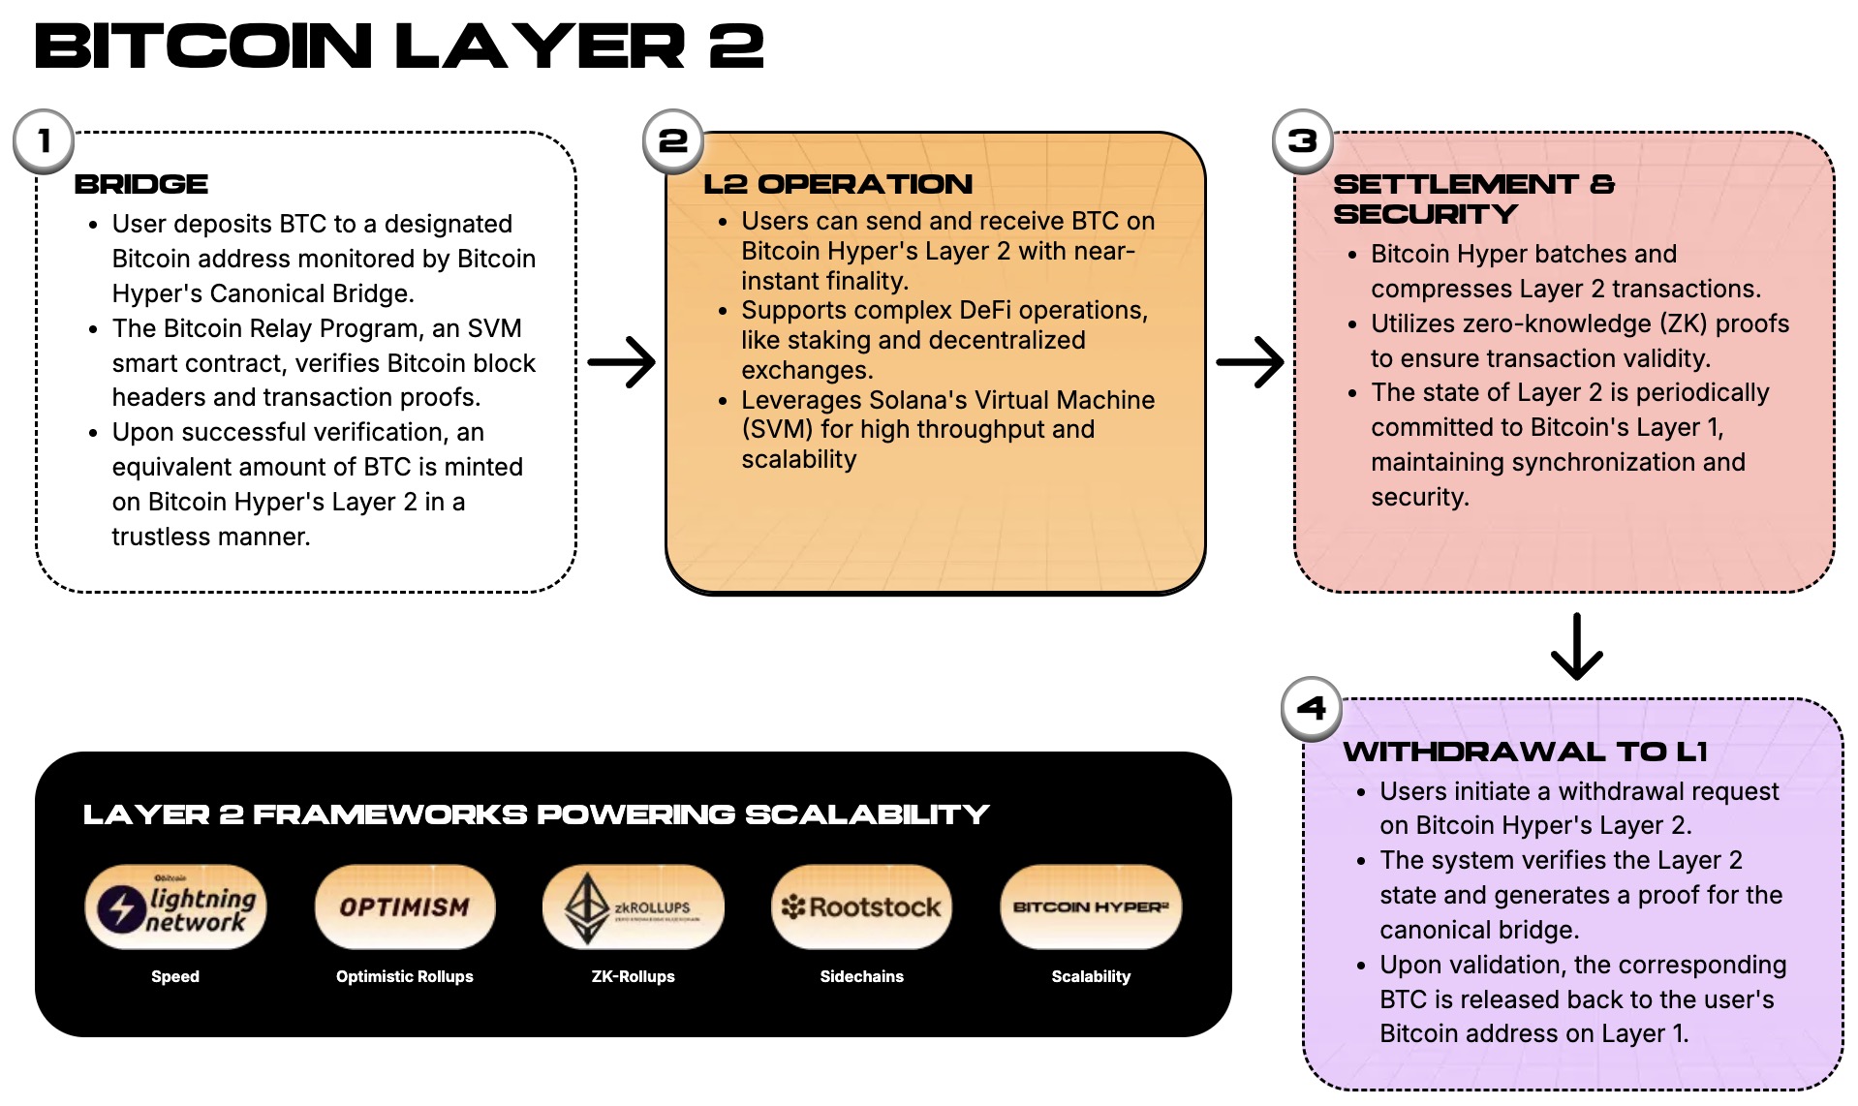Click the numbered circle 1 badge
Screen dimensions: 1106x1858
(44, 141)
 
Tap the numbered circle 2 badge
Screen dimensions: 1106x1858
(673, 141)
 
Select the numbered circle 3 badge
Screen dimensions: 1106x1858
(1302, 141)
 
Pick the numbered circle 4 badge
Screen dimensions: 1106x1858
(1311, 708)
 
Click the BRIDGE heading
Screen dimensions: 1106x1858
(141, 184)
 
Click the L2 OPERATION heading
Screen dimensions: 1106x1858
(838, 184)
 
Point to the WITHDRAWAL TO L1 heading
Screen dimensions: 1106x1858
(1525, 752)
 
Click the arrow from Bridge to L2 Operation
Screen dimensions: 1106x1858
(622, 362)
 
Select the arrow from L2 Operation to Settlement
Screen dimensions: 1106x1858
(1250, 362)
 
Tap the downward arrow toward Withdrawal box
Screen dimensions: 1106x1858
(1576, 646)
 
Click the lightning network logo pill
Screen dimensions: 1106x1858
(175, 907)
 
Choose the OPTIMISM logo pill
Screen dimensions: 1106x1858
(405, 907)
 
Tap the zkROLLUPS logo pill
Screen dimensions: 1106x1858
(633, 907)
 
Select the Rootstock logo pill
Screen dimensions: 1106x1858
(861, 907)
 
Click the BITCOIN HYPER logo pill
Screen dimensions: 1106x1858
(1091, 907)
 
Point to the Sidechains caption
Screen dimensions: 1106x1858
(861, 976)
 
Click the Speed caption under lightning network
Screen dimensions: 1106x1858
(175, 976)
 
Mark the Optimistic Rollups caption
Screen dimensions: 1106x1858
(405, 976)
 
